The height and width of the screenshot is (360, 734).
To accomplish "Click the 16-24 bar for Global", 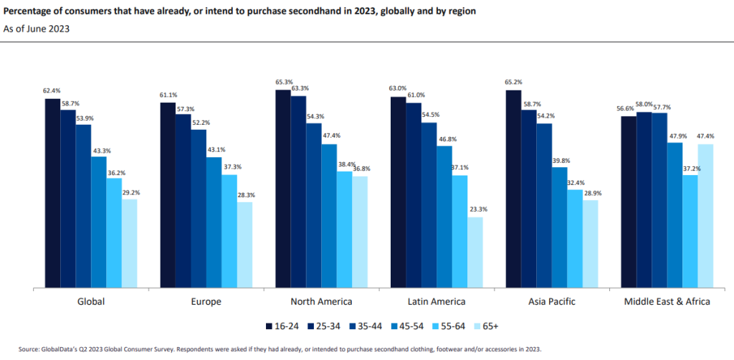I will coord(52,194).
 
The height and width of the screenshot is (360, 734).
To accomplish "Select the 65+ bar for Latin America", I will coord(475,252).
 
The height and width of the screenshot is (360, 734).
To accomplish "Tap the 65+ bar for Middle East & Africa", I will coord(705,216).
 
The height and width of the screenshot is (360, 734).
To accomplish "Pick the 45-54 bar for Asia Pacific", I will coord(559,227).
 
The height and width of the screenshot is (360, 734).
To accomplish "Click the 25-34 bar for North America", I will coord(298,192).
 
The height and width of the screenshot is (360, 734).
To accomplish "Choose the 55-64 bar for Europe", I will coord(229,232).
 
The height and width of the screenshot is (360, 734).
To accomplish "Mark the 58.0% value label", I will coord(644,105).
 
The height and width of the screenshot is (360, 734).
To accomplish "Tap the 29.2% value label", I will coord(130,192).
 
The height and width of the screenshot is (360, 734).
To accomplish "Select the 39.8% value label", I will coord(559,161).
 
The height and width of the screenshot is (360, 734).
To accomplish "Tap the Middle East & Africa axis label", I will coord(667,301).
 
